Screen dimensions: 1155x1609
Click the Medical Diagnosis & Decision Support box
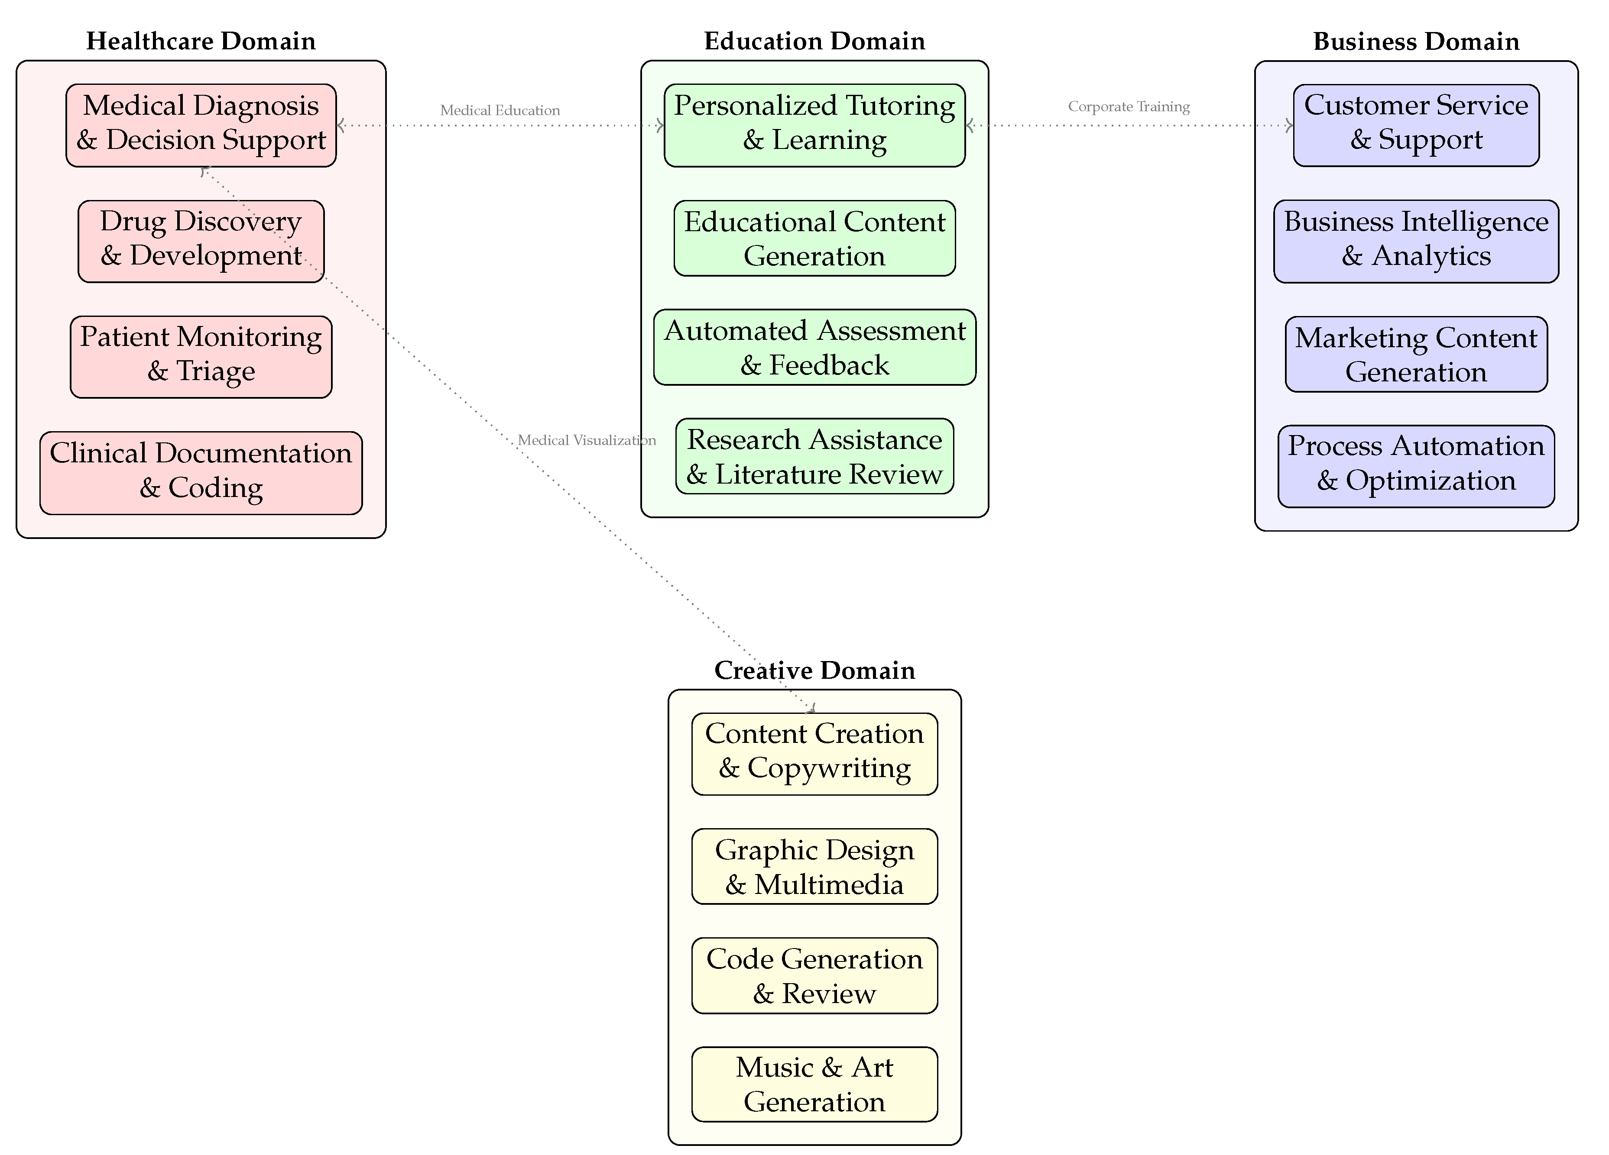coord(201,126)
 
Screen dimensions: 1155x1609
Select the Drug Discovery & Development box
coord(201,241)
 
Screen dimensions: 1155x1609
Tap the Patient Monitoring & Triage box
coord(201,357)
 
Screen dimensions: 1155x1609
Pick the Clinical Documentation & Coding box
coord(201,473)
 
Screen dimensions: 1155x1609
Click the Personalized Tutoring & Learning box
coord(814,126)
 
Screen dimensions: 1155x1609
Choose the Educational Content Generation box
coord(814,238)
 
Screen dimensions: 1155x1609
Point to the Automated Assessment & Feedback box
coord(814,348)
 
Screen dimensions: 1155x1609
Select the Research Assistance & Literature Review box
coord(814,456)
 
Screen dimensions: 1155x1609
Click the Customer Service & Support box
coord(1416,126)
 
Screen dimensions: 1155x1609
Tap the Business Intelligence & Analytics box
coord(1416,241)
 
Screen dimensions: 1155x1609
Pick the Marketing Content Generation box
coord(1416,355)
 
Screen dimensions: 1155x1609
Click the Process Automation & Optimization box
coord(1416,466)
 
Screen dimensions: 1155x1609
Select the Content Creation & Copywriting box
coord(814,754)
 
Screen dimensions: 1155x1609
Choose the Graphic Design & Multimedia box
coord(814,866)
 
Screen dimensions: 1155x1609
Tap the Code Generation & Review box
coord(814,976)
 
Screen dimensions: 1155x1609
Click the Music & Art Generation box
coord(814,1084)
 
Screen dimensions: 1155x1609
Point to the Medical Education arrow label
coord(500,110)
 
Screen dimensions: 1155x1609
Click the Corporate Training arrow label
coord(1129,106)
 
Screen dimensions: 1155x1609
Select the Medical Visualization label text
coord(587,440)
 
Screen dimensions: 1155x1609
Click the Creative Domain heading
coord(814,670)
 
